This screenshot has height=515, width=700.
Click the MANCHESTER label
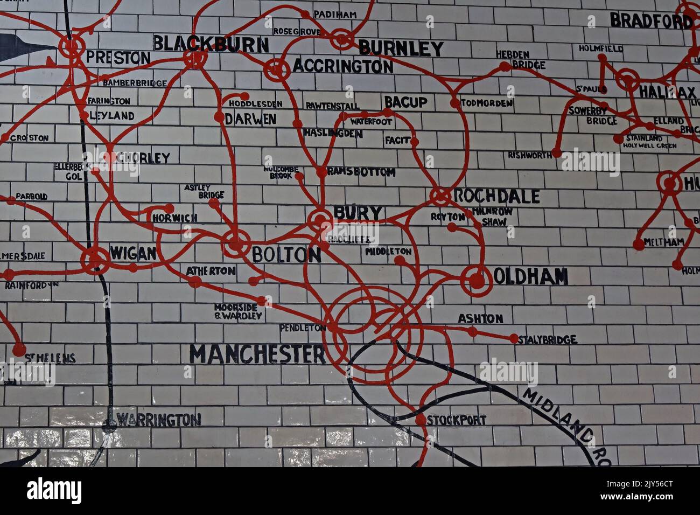[257, 354]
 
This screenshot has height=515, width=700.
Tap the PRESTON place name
[118, 58]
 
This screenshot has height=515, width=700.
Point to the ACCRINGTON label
[342, 66]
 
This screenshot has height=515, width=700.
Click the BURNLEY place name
[401, 48]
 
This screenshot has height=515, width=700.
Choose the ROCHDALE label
[496, 196]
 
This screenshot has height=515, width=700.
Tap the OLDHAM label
[530, 276]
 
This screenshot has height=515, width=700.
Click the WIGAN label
[133, 253]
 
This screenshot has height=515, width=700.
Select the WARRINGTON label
[159, 419]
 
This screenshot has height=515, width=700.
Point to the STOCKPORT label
[457, 420]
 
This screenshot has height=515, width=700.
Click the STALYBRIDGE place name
[547, 339]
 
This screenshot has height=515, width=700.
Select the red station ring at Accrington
[276, 68]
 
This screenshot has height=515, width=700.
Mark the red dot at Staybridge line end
[514, 339]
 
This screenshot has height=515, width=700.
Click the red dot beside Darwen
[219, 117]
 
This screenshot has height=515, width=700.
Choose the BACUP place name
[405, 102]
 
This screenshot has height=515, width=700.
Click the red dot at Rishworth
[557, 153]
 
